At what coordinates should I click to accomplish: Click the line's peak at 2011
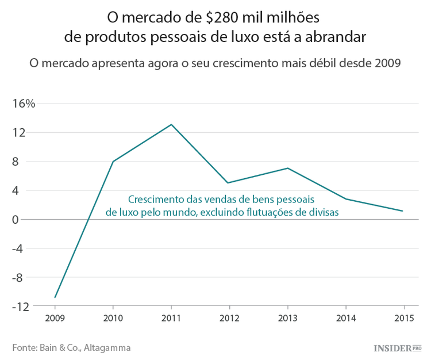click(171, 124)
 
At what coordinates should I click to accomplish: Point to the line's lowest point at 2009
click(55, 298)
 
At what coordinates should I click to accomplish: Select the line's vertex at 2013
click(287, 168)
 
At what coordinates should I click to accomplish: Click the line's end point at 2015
click(403, 211)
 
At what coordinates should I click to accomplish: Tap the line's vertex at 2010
click(113, 162)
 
